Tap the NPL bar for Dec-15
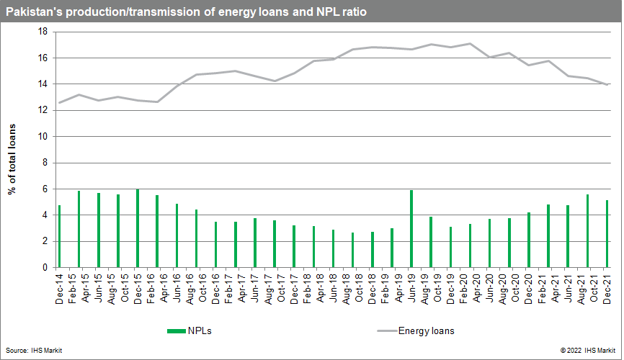[138, 228]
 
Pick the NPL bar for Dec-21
[607, 234]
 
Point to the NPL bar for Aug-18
[353, 250]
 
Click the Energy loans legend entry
[425, 331]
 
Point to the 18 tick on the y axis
[43, 32]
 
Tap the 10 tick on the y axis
[43, 137]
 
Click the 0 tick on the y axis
[45, 268]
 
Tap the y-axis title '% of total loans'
[12, 150]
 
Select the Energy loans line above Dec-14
[59, 102]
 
